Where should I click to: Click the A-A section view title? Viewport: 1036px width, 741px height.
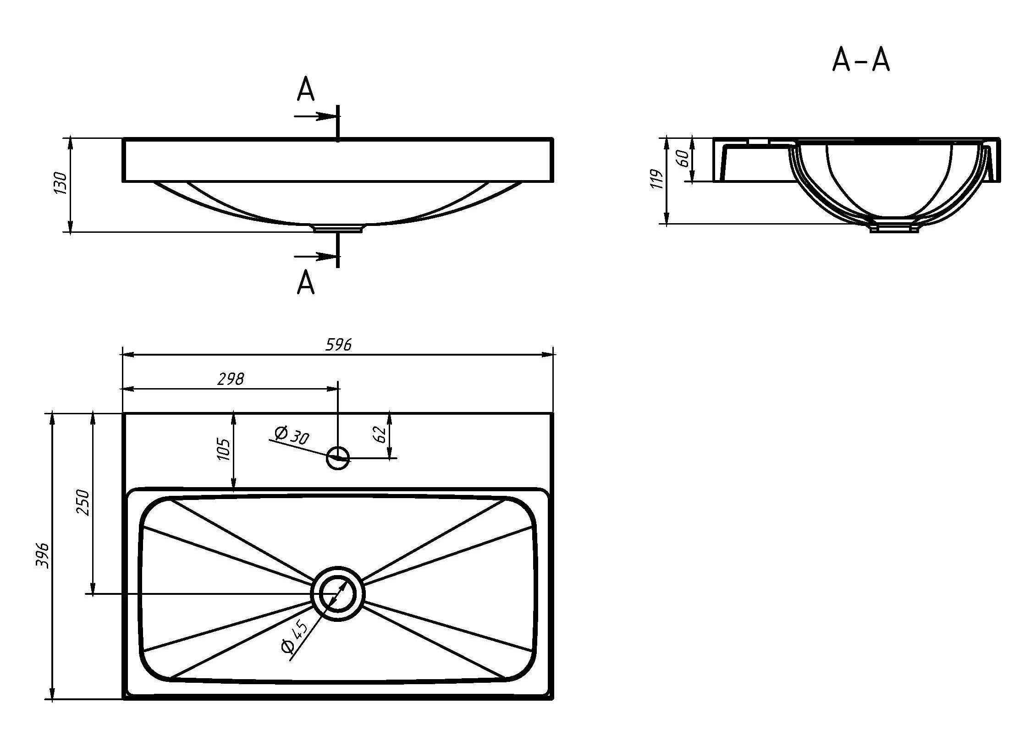860,60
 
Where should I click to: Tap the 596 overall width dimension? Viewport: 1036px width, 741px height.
338,344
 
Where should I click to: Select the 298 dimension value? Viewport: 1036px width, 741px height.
231,379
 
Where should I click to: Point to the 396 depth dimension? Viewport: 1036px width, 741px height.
42,555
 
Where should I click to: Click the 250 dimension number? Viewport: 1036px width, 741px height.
83,502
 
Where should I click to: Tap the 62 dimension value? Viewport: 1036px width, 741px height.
380,434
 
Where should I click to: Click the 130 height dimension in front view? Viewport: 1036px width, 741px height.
60,183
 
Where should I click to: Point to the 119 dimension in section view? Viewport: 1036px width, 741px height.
657,179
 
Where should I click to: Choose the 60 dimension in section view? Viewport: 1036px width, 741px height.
683,158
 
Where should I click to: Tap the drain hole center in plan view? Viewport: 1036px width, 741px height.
337,594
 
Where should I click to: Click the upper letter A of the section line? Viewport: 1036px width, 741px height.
306,89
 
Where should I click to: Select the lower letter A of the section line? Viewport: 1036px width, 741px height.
306,282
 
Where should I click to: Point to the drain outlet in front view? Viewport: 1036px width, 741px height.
338,228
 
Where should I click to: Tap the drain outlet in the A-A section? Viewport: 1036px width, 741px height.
894,228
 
